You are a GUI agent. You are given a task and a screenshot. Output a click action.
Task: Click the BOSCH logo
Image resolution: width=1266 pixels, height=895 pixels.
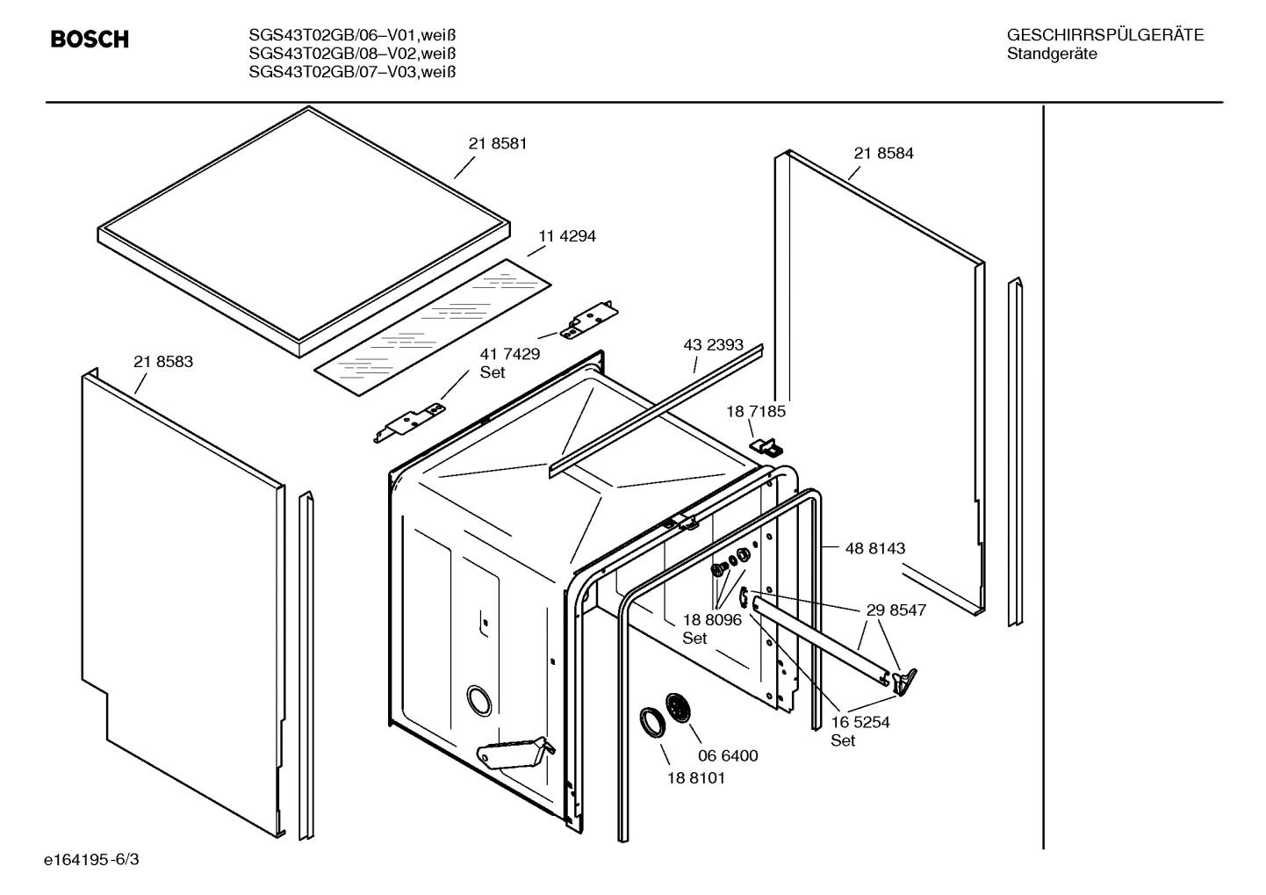point(90,40)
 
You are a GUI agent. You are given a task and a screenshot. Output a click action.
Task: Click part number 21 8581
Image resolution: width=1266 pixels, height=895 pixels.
point(498,144)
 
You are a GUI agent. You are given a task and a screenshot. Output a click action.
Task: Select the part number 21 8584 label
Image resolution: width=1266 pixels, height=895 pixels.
point(883,154)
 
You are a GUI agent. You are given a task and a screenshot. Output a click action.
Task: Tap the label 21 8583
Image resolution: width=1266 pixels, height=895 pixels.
point(163,362)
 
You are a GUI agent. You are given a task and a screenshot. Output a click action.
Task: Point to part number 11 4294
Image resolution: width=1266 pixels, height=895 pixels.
point(567,236)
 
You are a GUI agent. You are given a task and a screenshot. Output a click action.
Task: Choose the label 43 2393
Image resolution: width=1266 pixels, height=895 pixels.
point(713,346)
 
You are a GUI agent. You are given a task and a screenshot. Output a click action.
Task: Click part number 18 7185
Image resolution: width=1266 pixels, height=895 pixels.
point(755,411)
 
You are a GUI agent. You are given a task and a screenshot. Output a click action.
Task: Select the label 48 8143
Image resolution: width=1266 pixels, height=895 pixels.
point(874,549)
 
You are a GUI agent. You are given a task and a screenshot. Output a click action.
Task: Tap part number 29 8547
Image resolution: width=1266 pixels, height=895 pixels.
point(896,610)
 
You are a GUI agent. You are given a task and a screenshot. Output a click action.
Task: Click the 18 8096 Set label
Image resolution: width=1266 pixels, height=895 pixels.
point(712,628)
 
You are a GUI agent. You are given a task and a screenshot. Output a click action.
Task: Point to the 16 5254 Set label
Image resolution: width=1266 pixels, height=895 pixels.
point(860,731)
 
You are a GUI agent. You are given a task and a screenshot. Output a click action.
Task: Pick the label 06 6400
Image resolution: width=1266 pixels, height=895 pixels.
point(728,756)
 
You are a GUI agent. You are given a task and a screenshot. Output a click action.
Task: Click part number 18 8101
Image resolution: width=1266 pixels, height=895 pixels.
point(696,778)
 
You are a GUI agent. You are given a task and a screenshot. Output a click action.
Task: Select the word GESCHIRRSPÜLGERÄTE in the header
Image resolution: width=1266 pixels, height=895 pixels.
point(1104,36)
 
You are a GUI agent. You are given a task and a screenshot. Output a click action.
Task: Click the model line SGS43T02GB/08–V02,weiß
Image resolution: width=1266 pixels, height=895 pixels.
point(352,54)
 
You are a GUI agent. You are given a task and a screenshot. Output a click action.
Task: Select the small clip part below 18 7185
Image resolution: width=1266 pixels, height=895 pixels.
point(766,447)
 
